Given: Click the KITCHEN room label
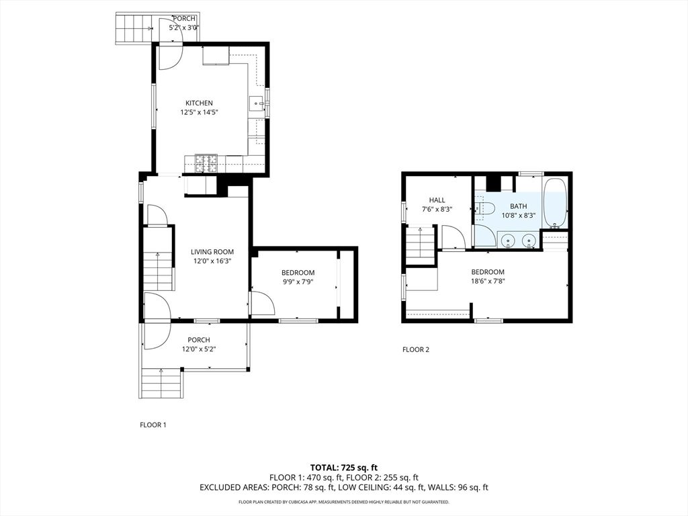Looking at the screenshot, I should point(199,103).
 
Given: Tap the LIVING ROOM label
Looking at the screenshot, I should point(212,252).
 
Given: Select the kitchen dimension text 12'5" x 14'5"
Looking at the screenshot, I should point(199,113).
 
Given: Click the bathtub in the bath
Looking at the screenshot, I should point(555,203).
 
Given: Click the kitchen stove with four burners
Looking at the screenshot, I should point(207,161).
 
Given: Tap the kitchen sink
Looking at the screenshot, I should point(256,103).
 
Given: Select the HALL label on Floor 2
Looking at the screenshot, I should point(437,200).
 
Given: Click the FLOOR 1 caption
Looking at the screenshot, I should point(153,425).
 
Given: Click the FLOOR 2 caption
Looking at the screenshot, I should point(415,349).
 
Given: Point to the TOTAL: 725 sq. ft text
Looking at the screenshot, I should point(343,467).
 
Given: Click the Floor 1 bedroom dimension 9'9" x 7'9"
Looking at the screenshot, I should point(298,282).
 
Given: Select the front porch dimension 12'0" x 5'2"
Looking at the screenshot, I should point(198,349).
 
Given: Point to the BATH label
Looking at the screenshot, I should point(518,206).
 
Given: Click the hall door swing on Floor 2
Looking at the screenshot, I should point(451,237).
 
